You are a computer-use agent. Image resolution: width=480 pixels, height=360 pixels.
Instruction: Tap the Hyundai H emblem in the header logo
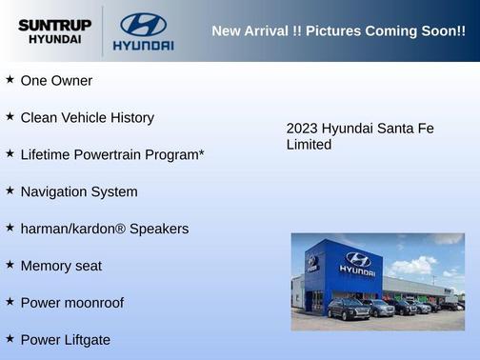143,24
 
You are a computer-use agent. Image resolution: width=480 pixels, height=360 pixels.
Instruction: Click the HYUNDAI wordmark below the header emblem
143,45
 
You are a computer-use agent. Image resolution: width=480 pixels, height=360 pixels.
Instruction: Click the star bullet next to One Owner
10,80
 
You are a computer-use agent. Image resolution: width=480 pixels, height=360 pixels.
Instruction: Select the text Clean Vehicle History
87,118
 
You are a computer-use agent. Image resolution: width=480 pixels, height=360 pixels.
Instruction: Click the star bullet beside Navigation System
10,190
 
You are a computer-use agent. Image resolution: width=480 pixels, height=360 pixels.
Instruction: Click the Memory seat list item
61,266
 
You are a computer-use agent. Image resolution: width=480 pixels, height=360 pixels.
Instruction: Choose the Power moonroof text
71,303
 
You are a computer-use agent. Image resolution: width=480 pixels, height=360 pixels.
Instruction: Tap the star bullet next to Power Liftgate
10,338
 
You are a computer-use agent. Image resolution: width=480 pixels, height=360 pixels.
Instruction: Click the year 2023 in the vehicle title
302,129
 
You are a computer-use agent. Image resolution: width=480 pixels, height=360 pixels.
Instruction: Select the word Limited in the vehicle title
310,145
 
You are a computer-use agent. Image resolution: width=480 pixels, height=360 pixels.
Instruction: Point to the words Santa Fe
405,129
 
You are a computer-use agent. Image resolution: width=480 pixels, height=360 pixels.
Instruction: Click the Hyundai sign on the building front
358,264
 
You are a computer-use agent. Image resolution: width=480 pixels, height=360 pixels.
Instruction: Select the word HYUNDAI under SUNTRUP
54,40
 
